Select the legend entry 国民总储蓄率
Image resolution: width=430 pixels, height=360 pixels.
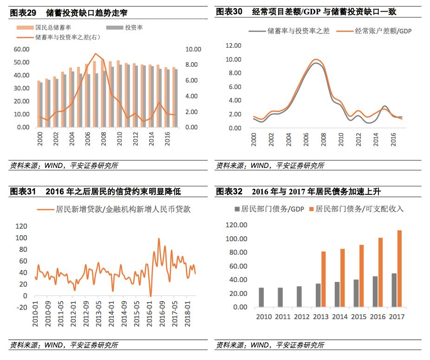pyautogui.click(x=54, y=28)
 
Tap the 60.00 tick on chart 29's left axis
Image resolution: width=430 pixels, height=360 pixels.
pyautogui.click(x=21, y=49)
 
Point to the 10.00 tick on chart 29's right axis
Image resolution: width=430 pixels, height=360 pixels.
pyautogui.click(x=193, y=49)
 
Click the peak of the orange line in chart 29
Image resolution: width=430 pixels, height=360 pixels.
pyautogui.click(x=96, y=54)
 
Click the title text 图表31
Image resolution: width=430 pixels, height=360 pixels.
pyautogui.click(x=23, y=192)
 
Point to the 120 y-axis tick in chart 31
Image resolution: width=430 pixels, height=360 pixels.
pyautogui.click(x=21, y=226)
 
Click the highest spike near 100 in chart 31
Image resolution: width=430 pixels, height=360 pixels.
pyautogui.click(x=159, y=239)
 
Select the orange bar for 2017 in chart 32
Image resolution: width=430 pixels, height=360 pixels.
pyautogui.click(x=399, y=269)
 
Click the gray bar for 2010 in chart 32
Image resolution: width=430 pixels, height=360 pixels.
pyautogui.click(x=261, y=297)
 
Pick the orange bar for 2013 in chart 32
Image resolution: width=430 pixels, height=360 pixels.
pyautogui.click(x=323, y=279)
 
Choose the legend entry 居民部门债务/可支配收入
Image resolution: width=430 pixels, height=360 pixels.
pyautogui.click(x=359, y=209)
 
